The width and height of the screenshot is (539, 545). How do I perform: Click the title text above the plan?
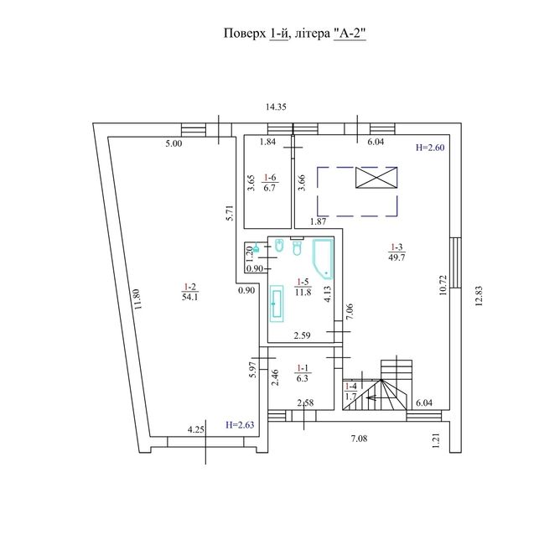tap(295, 34)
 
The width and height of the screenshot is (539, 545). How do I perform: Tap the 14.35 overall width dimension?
tap(276, 106)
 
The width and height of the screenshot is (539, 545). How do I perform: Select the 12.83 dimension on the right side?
tap(479, 296)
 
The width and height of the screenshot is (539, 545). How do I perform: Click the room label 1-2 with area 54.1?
tap(190, 292)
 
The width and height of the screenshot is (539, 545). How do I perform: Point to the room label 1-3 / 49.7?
tap(396, 252)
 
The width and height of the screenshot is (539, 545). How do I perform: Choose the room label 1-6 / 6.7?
tap(270, 183)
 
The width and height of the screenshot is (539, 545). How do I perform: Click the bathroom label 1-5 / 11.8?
tap(303, 287)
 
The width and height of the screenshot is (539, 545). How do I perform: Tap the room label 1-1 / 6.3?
tap(303, 373)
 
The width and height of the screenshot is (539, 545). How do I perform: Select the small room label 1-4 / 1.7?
tap(350, 391)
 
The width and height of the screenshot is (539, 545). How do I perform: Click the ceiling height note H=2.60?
tap(430, 148)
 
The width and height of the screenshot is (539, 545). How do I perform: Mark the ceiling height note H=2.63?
tap(240, 424)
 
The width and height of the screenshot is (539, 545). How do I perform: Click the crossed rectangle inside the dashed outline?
tap(376, 177)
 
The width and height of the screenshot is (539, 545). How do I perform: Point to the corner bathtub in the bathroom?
tap(324, 259)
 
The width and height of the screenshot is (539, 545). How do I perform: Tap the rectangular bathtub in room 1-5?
tap(277, 304)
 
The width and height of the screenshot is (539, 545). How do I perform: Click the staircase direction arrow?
tap(376, 397)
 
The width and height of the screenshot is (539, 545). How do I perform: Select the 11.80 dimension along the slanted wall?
tap(137, 299)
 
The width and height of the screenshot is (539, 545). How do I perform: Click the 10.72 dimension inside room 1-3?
tap(443, 285)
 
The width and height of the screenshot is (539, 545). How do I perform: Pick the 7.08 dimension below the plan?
tap(359, 439)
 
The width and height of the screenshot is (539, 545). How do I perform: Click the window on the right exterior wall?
tap(456, 262)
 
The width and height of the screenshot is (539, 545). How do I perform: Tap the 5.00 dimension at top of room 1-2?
tap(174, 143)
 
